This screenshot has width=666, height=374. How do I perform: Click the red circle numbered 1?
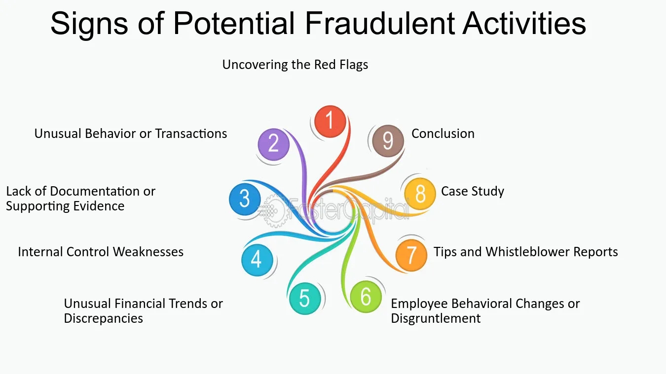pyautogui.click(x=330, y=121)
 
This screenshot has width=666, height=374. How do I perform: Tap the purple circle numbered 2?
pyautogui.click(x=273, y=144)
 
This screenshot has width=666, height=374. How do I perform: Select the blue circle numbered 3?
pyautogui.click(x=245, y=200)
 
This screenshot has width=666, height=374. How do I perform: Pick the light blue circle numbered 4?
pyautogui.click(x=257, y=260)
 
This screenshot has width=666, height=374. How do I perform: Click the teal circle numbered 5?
pyautogui.click(x=305, y=298)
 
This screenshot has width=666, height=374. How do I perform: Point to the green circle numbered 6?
pyautogui.click(x=366, y=297)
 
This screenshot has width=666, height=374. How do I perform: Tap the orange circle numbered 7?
pyautogui.click(x=411, y=255)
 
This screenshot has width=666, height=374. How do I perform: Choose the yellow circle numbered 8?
pyautogui.click(x=420, y=194)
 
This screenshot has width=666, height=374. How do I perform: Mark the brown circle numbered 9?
pyautogui.click(x=388, y=141)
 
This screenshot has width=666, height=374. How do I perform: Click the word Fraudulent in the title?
pyautogui.click(x=380, y=23)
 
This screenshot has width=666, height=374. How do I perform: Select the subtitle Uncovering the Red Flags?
pyautogui.click(x=295, y=65)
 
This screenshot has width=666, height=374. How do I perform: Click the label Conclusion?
pyautogui.click(x=443, y=134)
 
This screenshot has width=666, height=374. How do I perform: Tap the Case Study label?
pyautogui.click(x=473, y=192)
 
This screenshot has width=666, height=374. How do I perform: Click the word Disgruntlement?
pyautogui.click(x=436, y=318)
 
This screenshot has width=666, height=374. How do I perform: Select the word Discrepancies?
pyautogui.click(x=103, y=318)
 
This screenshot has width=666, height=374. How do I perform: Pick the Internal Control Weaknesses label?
pyautogui.click(x=101, y=252)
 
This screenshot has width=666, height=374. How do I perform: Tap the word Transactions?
pyautogui.click(x=191, y=134)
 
